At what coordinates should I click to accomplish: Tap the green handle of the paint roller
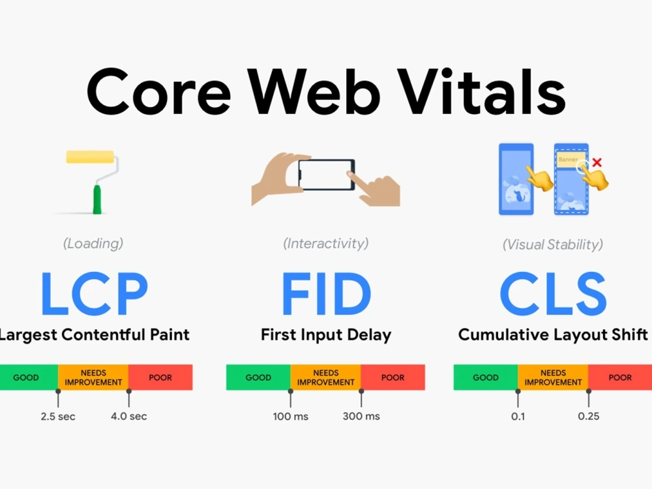(x=98, y=199)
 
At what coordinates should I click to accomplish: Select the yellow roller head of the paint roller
(x=89, y=157)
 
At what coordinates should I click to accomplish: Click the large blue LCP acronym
(x=94, y=294)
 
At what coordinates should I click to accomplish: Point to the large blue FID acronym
(x=326, y=294)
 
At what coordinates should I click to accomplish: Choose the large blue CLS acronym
(x=553, y=294)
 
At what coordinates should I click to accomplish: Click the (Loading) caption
(x=93, y=244)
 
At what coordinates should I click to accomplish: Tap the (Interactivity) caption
(x=326, y=244)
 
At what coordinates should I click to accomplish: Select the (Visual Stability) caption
(x=553, y=245)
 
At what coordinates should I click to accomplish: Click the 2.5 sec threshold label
(x=58, y=417)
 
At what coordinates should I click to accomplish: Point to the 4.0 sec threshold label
(x=129, y=417)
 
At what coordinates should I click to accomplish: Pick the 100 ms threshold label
(x=291, y=417)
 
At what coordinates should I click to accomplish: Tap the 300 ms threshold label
(x=361, y=417)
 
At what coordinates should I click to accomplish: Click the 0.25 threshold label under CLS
(x=589, y=417)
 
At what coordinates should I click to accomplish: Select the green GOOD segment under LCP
(x=27, y=378)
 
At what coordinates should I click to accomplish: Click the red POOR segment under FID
(x=393, y=378)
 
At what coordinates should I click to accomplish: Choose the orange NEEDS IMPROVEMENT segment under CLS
(x=553, y=378)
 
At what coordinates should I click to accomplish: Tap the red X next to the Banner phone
(x=597, y=162)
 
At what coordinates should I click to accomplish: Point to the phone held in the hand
(x=326, y=174)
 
